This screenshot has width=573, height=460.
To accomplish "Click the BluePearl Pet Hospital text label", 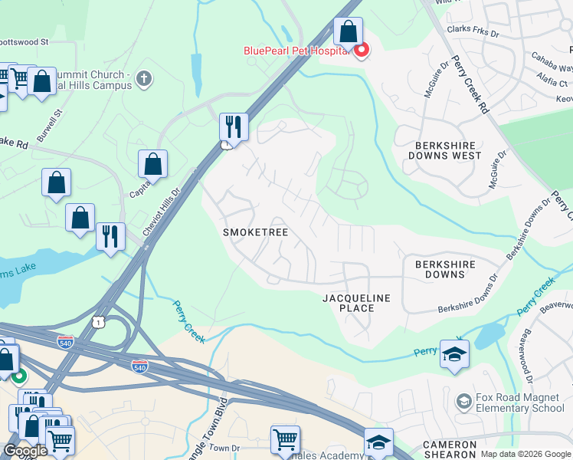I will (296, 51).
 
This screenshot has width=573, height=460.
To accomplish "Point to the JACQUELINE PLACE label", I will (356, 303).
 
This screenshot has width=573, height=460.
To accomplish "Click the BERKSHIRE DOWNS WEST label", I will (448, 150).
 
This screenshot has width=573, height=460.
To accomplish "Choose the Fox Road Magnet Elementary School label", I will (519, 402).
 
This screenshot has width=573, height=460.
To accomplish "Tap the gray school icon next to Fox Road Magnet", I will (463, 402).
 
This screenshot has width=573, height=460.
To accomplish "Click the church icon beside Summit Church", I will (144, 78).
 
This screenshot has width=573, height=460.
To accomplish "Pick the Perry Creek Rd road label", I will (469, 84).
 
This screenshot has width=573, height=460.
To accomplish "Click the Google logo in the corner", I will (25, 450).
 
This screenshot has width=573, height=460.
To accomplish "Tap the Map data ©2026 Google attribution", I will (526, 454).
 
